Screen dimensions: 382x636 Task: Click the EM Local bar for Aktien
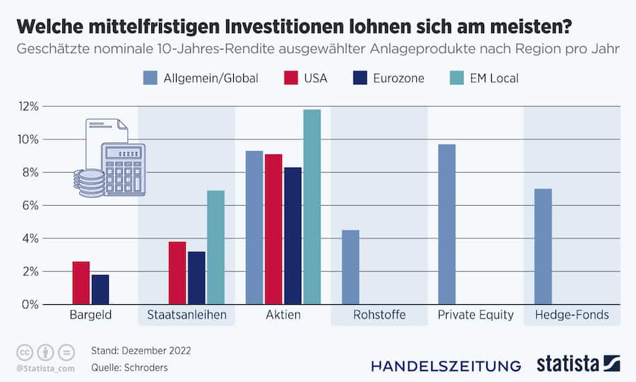[x=312, y=207]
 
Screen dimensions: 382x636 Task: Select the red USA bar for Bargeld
[x=81, y=283]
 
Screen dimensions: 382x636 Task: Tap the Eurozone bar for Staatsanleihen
[x=196, y=277]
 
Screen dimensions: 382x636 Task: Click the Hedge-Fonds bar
[x=543, y=246]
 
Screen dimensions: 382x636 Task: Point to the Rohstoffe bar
[x=351, y=267]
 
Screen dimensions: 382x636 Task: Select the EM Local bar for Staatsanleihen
[x=216, y=247]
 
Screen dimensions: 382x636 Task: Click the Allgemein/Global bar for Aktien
[x=254, y=227]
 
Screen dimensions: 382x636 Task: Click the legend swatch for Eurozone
[x=362, y=78]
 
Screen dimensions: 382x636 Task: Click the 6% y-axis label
[x=30, y=205]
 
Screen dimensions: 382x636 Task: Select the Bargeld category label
[x=90, y=315]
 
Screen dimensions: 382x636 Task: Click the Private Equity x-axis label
[x=476, y=315]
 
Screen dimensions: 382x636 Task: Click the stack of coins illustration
[x=89, y=183]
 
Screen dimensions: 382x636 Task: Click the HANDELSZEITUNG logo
[x=446, y=366]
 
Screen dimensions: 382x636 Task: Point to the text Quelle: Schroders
[x=129, y=368]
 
